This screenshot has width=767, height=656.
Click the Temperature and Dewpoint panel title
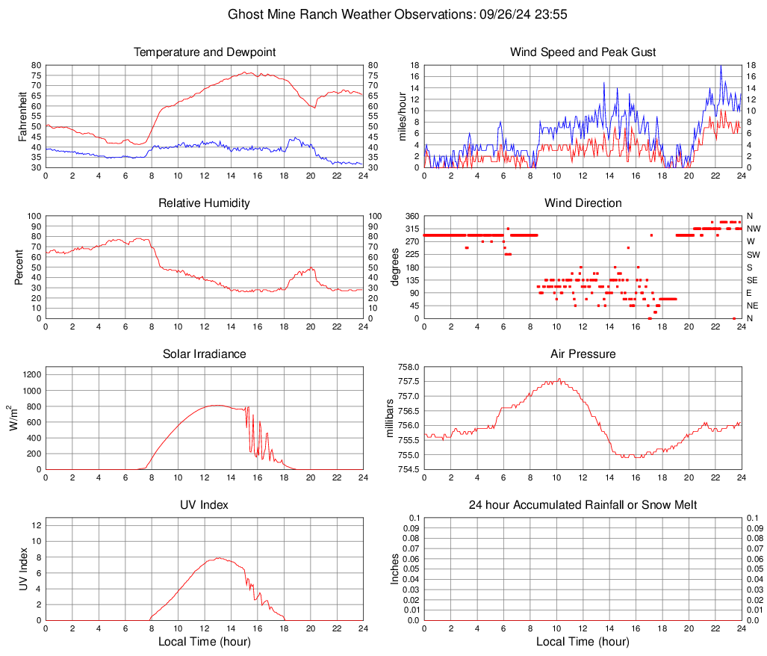(x=205, y=52)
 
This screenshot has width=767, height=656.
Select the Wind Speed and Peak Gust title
(x=583, y=52)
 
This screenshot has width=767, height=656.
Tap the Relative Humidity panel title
(x=205, y=203)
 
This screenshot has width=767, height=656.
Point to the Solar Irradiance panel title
(x=205, y=354)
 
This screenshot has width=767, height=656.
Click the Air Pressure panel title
(x=583, y=354)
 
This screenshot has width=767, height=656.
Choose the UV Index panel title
(x=205, y=505)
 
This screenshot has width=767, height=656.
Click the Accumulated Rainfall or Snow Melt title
(x=583, y=505)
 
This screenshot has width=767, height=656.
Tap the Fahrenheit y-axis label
(x=22, y=117)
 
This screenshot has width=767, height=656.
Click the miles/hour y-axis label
(x=401, y=117)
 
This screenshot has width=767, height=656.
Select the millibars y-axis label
(x=389, y=418)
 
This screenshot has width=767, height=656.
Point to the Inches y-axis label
(x=395, y=569)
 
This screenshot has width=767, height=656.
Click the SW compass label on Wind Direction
(x=754, y=255)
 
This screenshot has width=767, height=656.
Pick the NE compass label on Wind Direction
(x=754, y=306)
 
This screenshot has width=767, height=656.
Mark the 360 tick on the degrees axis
(x=410, y=217)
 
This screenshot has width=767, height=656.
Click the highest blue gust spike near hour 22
(x=721, y=66)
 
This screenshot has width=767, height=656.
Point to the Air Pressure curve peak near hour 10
(x=558, y=379)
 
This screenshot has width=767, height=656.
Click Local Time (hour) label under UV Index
(x=205, y=642)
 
